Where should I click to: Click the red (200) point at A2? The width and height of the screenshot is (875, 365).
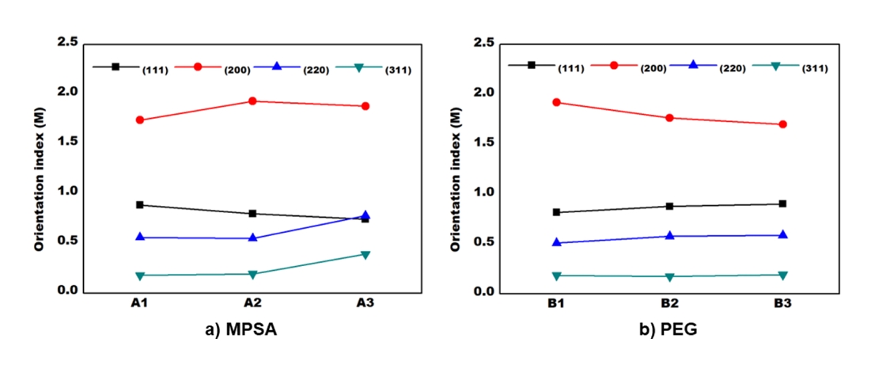252,101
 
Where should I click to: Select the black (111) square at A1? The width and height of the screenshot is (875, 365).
140,205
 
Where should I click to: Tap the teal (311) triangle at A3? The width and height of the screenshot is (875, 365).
366,254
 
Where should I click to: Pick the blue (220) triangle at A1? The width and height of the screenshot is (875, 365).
140,237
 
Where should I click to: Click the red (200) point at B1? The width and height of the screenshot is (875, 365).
557,102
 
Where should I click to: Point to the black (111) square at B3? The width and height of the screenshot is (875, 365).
782,203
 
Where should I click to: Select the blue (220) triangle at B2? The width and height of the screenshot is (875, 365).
669,235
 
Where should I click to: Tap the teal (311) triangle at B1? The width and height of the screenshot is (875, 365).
557,276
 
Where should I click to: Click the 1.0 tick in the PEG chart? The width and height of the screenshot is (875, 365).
483,192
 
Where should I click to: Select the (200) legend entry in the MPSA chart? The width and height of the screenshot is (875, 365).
237,70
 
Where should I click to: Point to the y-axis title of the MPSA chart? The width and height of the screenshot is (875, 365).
38,181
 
